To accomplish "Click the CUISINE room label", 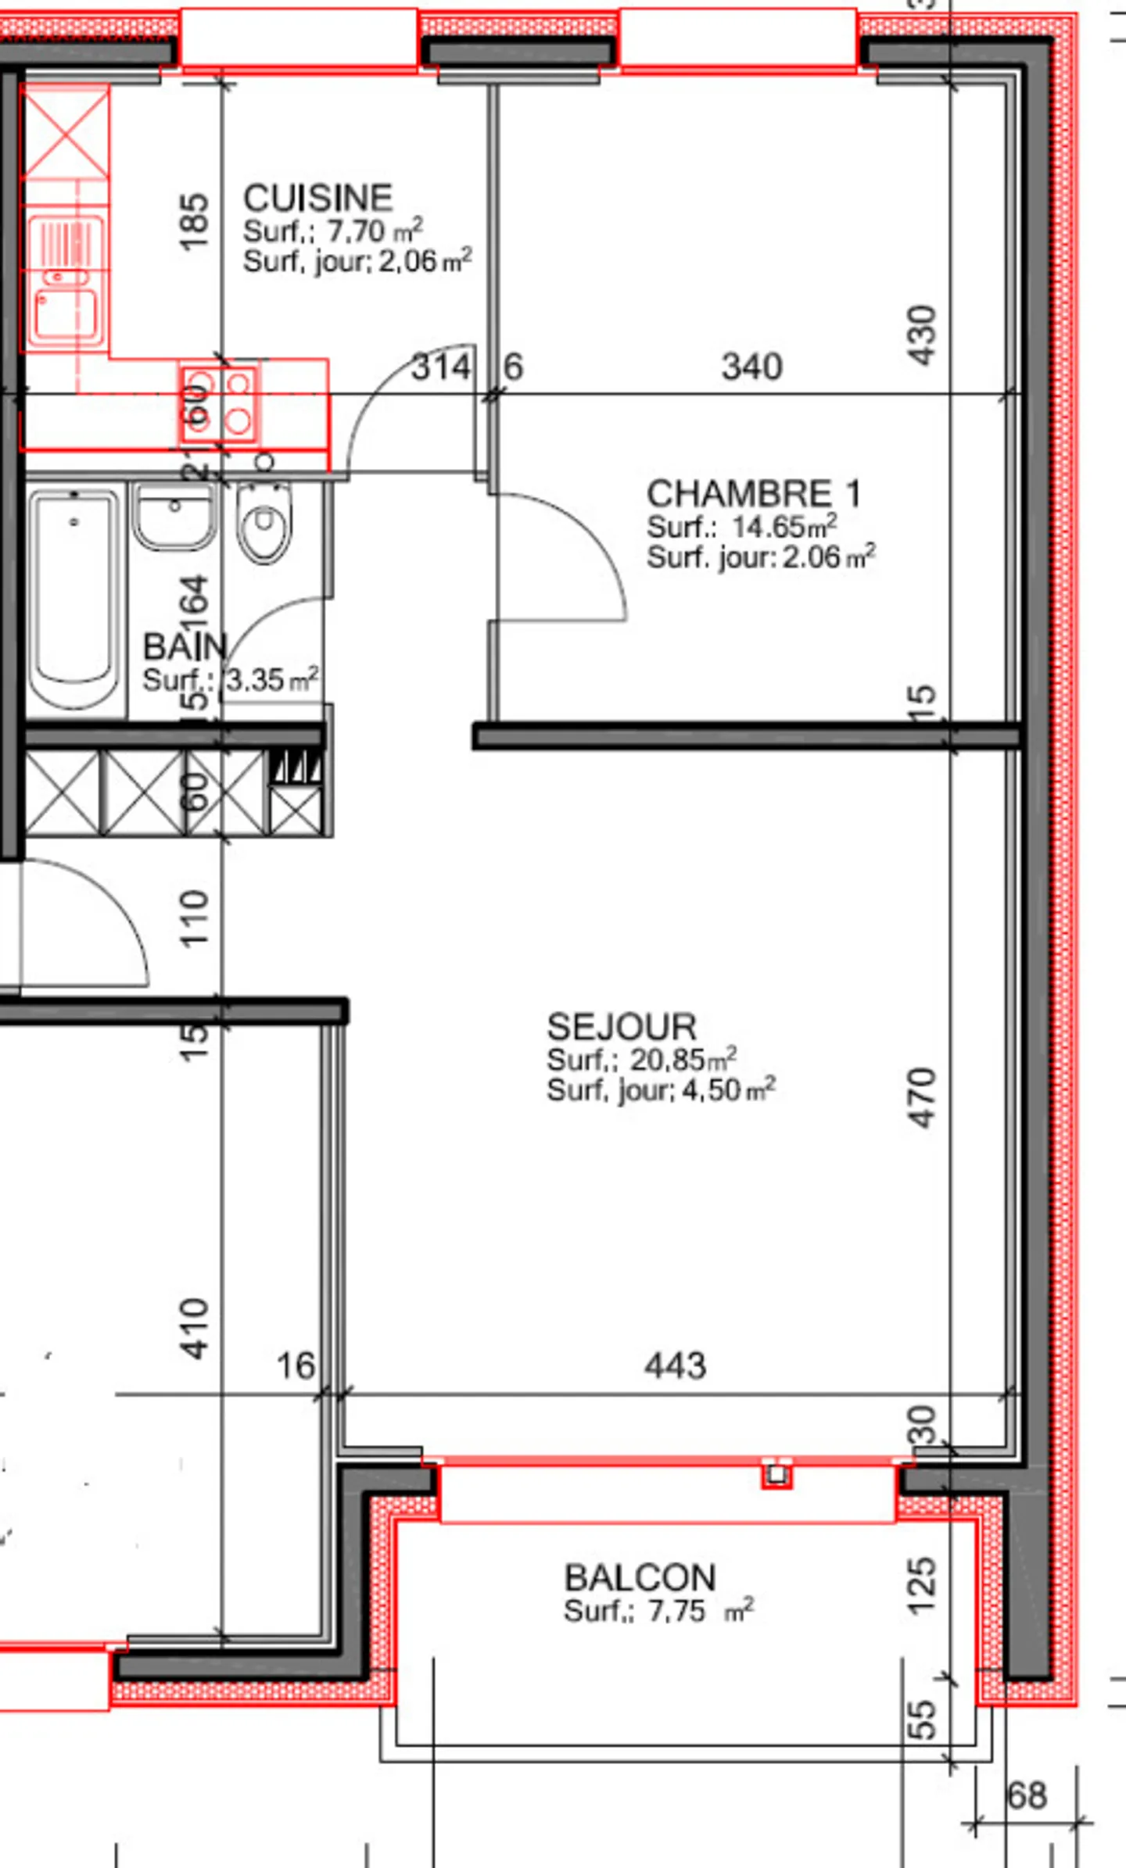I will (317, 199).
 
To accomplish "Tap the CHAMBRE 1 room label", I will (753, 494).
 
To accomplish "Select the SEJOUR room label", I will (621, 1027).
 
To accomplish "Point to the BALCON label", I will (640, 1578).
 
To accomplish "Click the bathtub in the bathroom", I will (74, 598).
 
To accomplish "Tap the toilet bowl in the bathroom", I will (264, 522).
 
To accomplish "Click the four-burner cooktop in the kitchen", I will (219, 404).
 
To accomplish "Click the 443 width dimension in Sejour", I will (675, 1366).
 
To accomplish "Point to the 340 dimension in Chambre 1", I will (751, 367).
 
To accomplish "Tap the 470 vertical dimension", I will (923, 1097).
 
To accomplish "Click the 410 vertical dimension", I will (195, 1329).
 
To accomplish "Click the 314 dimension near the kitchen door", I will (441, 367).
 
